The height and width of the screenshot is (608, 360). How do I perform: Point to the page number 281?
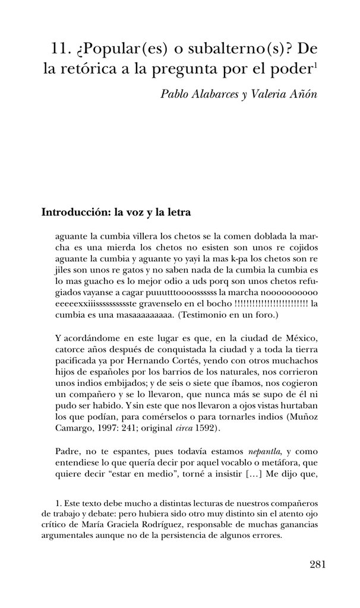click(x=317, y=565)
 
